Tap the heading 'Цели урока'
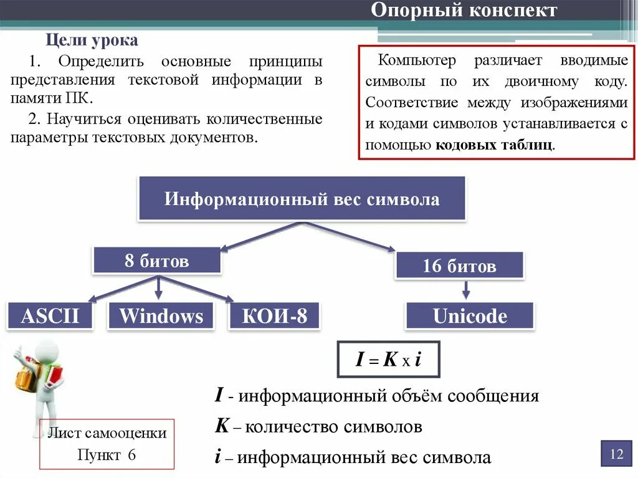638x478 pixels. tap(93, 41)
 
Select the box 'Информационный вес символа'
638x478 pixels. tap(302, 199)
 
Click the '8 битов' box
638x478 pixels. tap(156, 261)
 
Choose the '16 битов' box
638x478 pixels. tap(459, 266)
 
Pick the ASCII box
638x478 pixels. tap(50, 316)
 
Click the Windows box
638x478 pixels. tap(161, 316)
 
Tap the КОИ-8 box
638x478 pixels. tap(275, 316)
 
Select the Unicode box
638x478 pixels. tap(470, 316)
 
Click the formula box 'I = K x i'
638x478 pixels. tap(388, 360)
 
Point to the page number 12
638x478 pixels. tap(616, 454)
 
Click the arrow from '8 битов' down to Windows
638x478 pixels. tap(158, 287)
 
